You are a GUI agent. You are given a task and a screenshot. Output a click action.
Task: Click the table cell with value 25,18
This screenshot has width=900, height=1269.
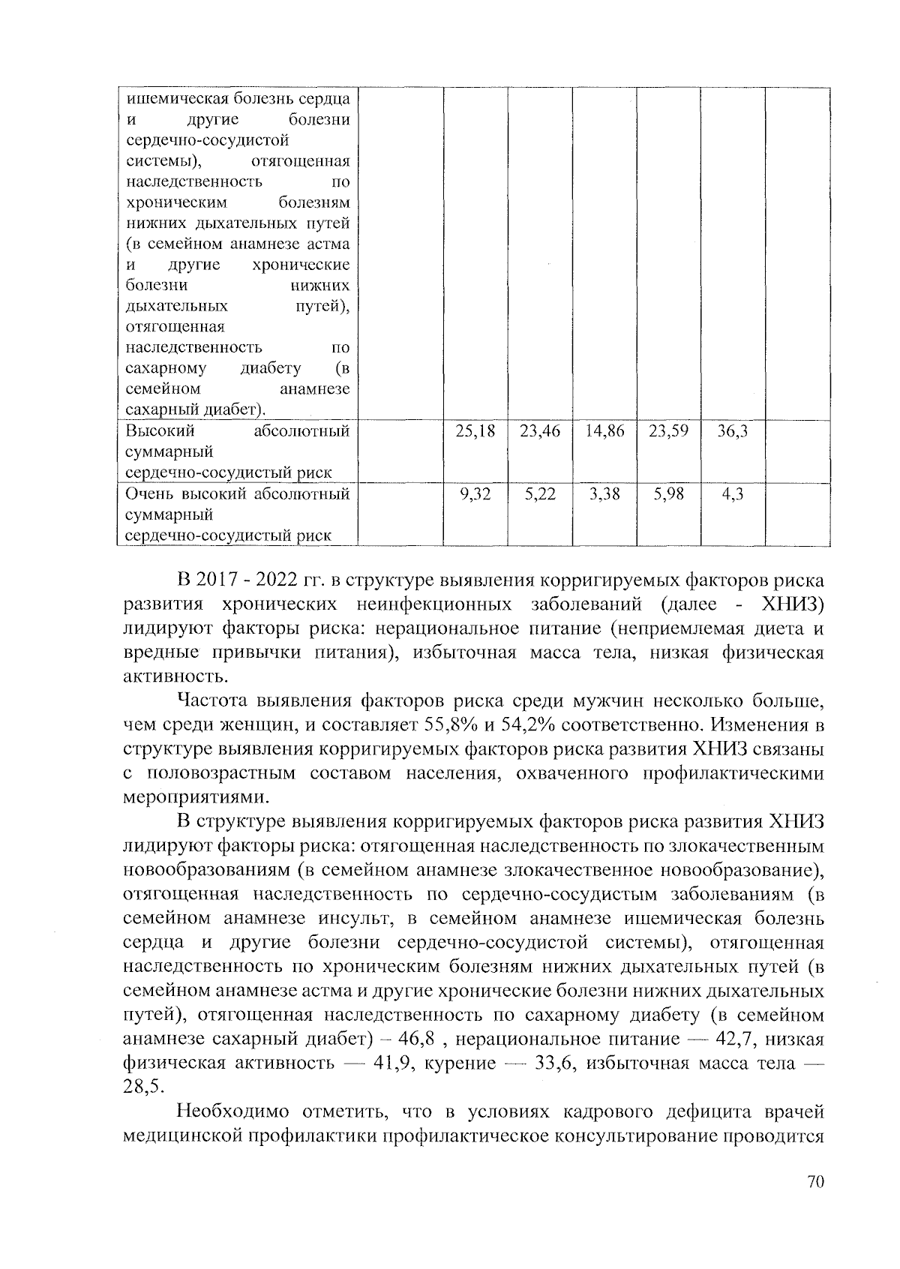point(475,432)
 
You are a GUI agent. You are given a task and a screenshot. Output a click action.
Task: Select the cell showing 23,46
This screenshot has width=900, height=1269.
point(540,432)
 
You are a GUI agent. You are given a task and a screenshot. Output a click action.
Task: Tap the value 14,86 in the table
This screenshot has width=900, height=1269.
point(604,432)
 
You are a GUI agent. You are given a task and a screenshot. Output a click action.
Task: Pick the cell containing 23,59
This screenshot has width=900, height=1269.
point(668,432)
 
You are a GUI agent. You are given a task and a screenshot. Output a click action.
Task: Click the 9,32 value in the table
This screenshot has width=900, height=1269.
point(475,495)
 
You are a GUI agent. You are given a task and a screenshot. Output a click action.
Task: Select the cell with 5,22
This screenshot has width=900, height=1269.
point(540,495)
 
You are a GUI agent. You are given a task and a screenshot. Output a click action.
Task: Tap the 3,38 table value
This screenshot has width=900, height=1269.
point(604,495)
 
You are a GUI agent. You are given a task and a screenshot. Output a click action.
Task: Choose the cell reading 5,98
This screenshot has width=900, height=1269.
point(668,495)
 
